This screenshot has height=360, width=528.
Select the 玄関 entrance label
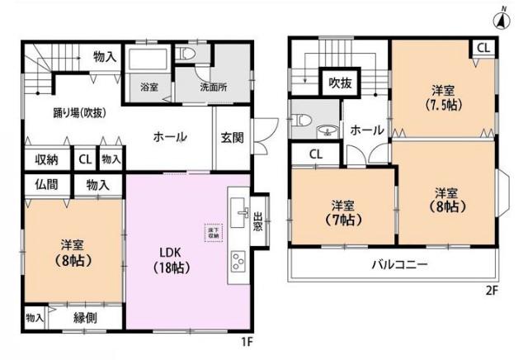click(x=232, y=138)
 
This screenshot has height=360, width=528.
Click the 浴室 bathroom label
click(x=148, y=86)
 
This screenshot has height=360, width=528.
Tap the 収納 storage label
click(x=46, y=159)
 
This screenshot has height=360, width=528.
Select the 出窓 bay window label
click(x=258, y=222)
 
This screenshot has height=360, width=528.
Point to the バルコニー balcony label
click(x=398, y=265)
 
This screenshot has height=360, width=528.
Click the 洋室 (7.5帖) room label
click(x=443, y=97)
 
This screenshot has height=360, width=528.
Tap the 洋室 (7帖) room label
click(x=344, y=213)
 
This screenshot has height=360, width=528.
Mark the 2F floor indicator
click(x=492, y=291)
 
